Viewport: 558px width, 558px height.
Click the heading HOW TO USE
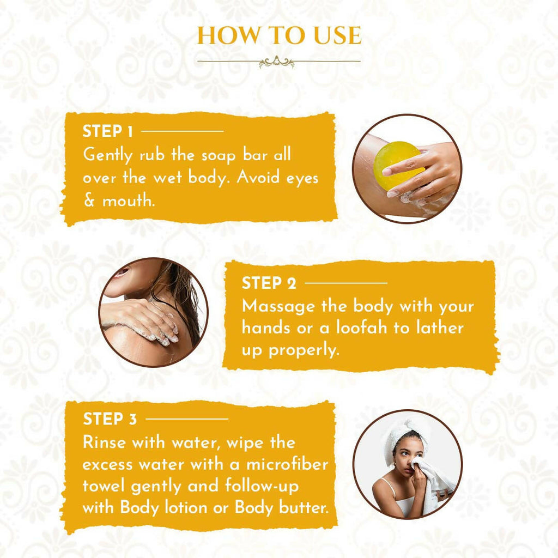click(280, 35)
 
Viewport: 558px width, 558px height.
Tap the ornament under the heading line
click(276, 62)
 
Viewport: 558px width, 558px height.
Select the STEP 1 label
click(107, 131)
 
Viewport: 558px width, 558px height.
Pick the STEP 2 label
click(269, 283)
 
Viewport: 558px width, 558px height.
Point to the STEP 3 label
click(110, 419)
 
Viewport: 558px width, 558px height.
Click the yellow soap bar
click(398, 162)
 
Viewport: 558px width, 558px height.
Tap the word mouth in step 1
click(129, 201)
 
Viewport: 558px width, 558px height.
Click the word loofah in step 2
click(361, 327)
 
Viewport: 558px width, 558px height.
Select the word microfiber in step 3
click(287, 464)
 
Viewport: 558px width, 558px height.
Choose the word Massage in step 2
click(278, 307)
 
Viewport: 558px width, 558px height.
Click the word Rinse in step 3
click(105, 442)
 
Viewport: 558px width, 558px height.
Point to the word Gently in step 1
click(108, 155)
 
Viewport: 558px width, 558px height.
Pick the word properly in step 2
click(304, 350)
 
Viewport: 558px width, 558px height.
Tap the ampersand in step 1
click(89, 201)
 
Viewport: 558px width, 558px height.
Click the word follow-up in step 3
click(262, 486)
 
